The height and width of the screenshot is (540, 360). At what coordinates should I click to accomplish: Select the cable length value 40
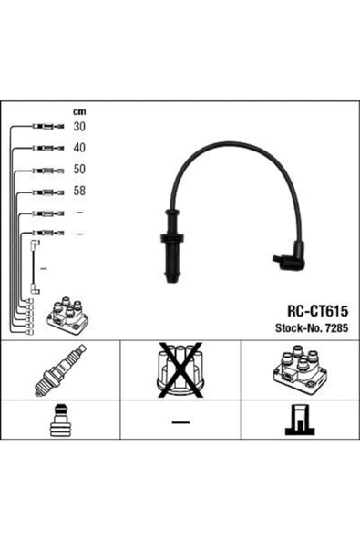click(79, 147)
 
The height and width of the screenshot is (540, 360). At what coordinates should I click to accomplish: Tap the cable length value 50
click(79, 169)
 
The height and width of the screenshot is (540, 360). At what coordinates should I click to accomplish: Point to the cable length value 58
click(79, 192)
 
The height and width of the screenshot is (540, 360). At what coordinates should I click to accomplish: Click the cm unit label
click(78, 111)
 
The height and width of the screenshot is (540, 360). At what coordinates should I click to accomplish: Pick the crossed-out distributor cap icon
click(181, 373)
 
